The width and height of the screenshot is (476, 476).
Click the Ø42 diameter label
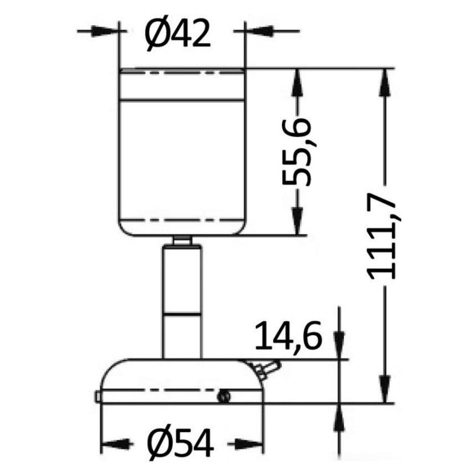pos(178,33)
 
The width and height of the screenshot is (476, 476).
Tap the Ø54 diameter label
pos(181,443)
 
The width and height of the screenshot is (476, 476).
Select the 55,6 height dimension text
pos(297,152)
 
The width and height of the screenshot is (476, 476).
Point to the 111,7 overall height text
pos(381,236)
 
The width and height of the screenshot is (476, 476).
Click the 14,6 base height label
pos(288,335)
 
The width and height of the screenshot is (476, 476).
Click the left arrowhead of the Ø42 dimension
pos(105,31)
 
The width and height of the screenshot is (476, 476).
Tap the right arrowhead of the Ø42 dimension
pos(259,31)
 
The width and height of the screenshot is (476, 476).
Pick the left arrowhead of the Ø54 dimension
pos(116,445)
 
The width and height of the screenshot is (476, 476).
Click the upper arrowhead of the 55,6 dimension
pos(297,83)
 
